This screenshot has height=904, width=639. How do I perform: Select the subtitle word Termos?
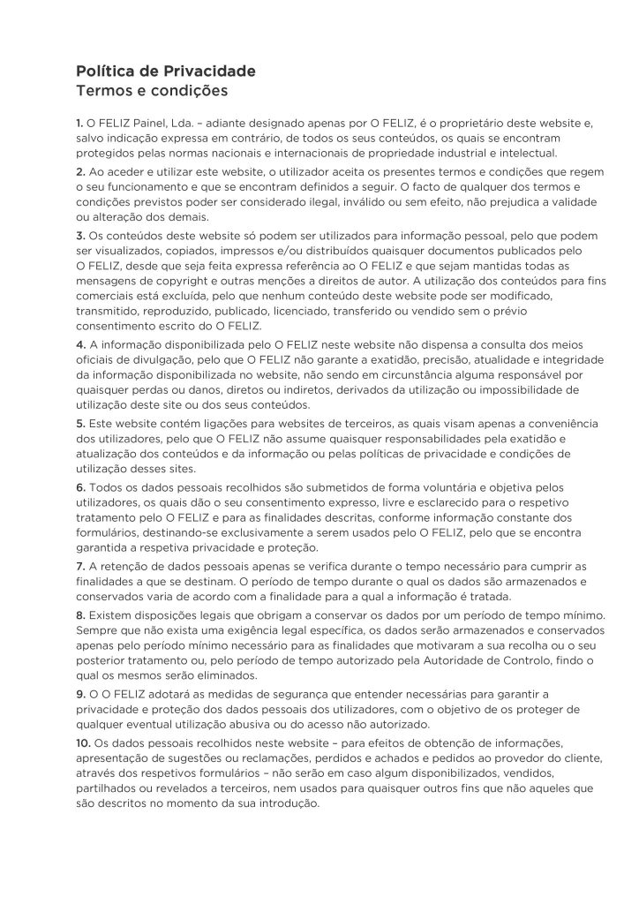(x=105, y=90)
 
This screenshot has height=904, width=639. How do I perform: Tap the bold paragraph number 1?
(x=79, y=125)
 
